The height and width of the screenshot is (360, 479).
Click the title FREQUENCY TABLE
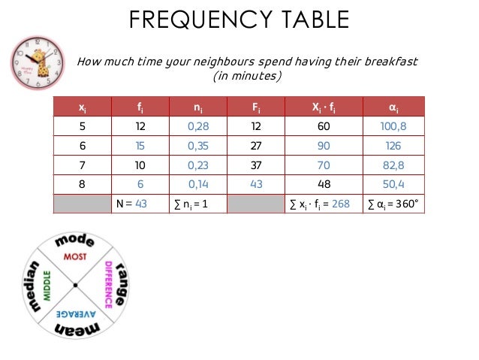pos(239,20)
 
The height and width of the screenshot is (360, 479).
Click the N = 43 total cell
pos(140,202)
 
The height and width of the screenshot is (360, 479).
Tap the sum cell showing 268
pos(320,202)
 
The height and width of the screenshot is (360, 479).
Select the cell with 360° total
pos(394,202)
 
